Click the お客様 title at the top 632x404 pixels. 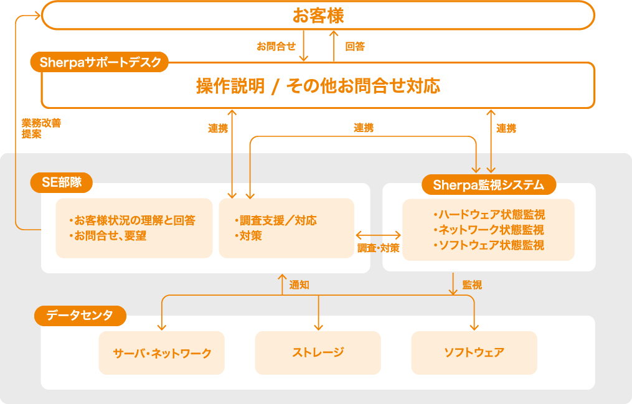[x=318, y=16]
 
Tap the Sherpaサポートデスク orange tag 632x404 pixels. [x=100, y=62]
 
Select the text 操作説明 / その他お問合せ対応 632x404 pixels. [x=318, y=86]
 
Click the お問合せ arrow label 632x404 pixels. [x=276, y=46]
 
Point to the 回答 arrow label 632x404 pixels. [x=354, y=46]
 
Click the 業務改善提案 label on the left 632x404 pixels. [x=41, y=128]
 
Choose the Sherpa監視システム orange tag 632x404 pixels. [x=488, y=185]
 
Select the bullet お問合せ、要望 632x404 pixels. [x=116, y=236]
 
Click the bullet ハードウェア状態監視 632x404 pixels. [x=489, y=215]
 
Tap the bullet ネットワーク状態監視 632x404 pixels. [x=488, y=230]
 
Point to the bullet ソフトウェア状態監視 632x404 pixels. [x=488, y=245]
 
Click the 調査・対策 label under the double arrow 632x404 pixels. [x=378, y=248]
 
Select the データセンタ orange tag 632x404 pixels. [x=80, y=316]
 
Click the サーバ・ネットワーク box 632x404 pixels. [x=162, y=353]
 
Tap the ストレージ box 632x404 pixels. [x=318, y=352]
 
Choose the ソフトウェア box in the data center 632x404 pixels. [x=474, y=352]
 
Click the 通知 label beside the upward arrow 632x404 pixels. [x=299, y=285]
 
